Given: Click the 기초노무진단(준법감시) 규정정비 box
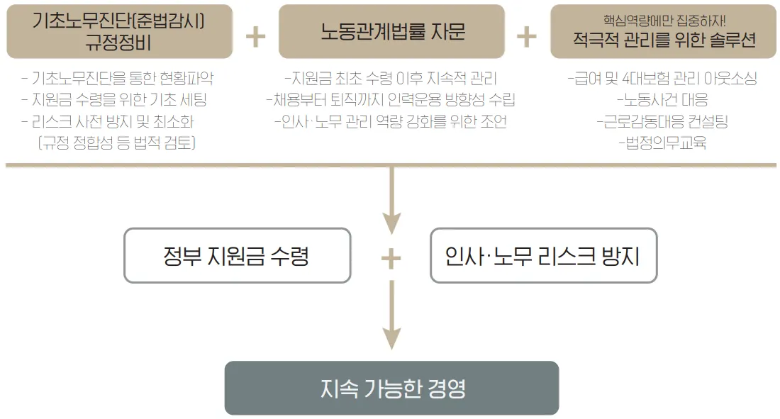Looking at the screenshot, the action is pos(119,31).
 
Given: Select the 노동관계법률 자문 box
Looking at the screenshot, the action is pos(391,31).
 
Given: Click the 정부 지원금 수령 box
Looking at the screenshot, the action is pos(237,255).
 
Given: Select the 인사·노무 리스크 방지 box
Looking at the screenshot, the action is pos(542,255).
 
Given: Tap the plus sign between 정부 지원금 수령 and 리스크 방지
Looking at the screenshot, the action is pos(391,258).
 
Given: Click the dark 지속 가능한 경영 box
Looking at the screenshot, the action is pos(391,388).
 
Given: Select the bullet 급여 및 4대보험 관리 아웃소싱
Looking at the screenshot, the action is pos(663,79).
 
